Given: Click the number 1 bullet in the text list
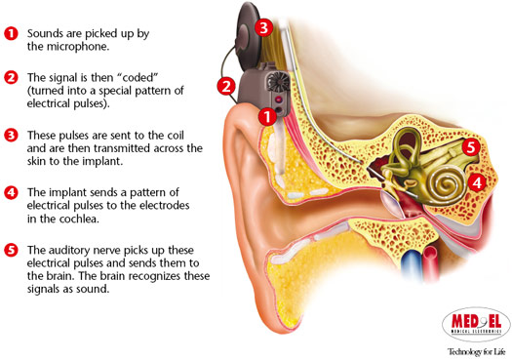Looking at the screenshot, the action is [12, 33].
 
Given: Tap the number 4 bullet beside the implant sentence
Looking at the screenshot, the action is [12, 192].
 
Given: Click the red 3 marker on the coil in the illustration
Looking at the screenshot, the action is [262, 27].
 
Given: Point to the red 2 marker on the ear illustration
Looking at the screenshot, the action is [226, 86].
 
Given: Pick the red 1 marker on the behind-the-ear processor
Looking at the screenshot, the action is [264, 116].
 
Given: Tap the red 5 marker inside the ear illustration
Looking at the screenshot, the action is [470, 148].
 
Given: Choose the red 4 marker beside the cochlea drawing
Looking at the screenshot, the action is [477, 181].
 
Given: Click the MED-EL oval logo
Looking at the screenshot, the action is [474, 323].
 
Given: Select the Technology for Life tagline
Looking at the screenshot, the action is [475, 348].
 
